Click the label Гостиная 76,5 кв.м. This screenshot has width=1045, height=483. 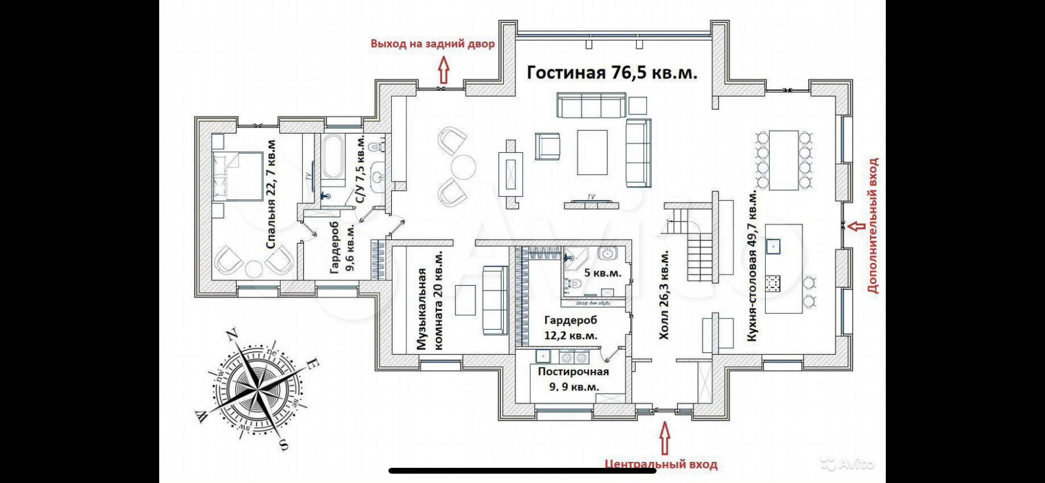tap(612, 73)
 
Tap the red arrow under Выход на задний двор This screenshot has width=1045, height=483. tap(443, 69)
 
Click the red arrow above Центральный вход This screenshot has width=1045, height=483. tap(664, 438)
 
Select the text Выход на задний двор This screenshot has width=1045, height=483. tap(432, 44)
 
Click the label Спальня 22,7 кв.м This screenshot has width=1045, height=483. tap(271, 194)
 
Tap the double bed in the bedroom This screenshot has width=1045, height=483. tap(238, 176)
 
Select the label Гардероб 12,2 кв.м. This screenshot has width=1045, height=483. tap(570, 328)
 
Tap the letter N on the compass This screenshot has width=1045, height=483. tap(232, 335)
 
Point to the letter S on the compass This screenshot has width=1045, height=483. tap(283, 445)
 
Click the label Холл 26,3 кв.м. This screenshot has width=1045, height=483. tap(664, 295)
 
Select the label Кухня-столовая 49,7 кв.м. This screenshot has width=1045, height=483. tap(752, 265)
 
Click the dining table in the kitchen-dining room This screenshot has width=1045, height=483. tap(783, 160)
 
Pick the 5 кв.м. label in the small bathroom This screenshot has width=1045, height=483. tap(602, 273)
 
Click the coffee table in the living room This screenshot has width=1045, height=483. tap(592, 152)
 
